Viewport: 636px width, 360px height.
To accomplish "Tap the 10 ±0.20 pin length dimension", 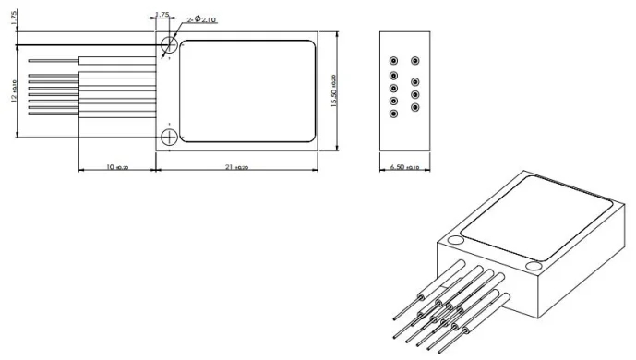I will pyautogui.click(x=117, y=167).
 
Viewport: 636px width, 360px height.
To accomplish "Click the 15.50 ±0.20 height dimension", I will pyautogui.click(x=334, y=90).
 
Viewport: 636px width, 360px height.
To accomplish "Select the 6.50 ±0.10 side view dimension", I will pyautogui.click(x=405, y=167).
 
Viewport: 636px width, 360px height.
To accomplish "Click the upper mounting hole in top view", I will pyautogui.click(x=169, y=44).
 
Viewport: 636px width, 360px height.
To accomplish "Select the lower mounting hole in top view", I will pyautogui.click(x=169, y=138).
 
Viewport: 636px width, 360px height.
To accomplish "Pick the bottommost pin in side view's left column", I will pyautogui.click(x=394, y=114).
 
